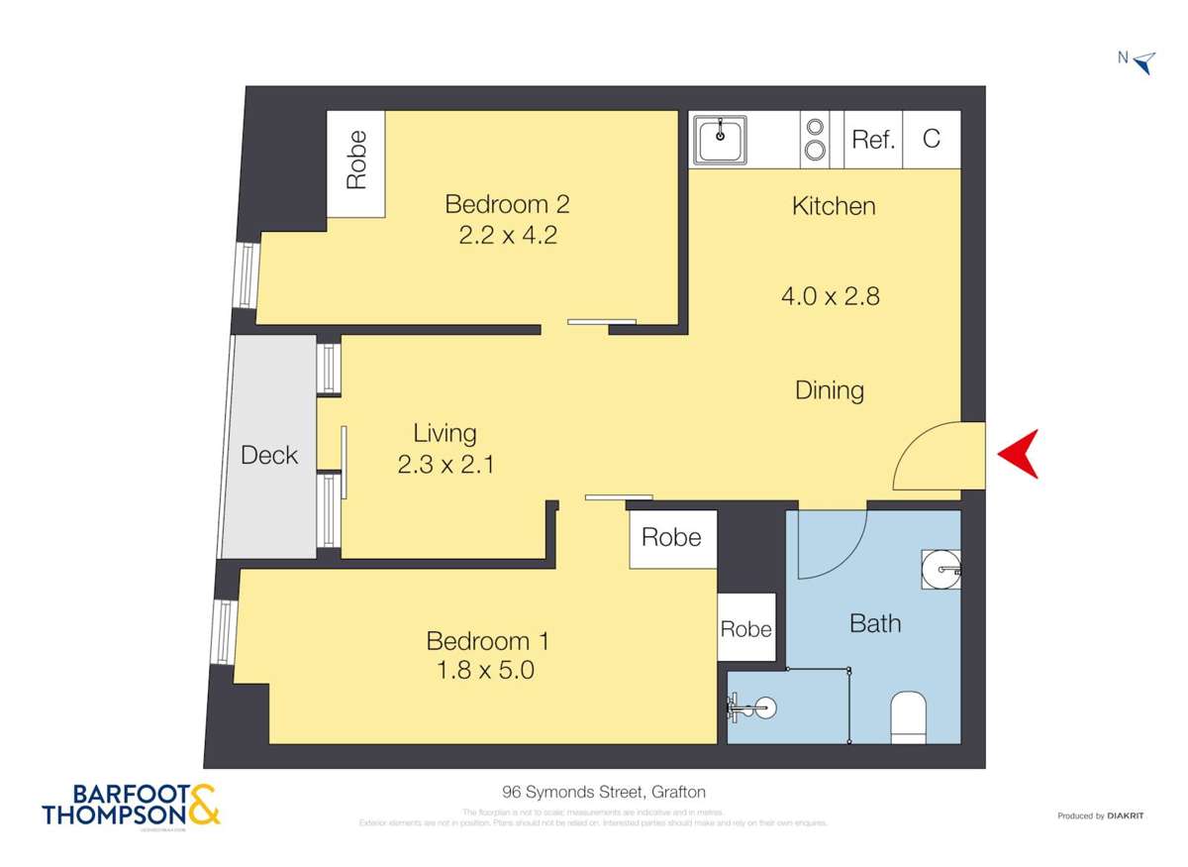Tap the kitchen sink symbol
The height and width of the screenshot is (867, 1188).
(x=721, y=140)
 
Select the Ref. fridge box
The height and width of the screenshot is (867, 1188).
(x=873, y=139)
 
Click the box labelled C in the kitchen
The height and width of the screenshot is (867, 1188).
(x=932, y=139)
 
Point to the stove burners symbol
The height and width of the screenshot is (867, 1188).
(x=816, y=139)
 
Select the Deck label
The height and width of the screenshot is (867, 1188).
(x=269, y=455)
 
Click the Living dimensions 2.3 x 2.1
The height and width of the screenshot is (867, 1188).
(x=445, y=464)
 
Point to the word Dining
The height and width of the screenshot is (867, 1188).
(x=830, y=390)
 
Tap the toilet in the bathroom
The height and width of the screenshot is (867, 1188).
(x=908, y=716)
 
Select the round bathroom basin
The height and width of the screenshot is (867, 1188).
(x=940, y=569)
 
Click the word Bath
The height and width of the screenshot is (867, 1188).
(x=875, y=623)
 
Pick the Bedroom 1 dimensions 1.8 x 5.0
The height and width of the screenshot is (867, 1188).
(x=486, y=671)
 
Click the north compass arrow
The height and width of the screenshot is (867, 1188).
(x=1143, y=62)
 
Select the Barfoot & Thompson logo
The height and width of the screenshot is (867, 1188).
(x=131, y=806)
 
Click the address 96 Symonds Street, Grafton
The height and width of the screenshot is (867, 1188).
(x=603, y=792)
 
